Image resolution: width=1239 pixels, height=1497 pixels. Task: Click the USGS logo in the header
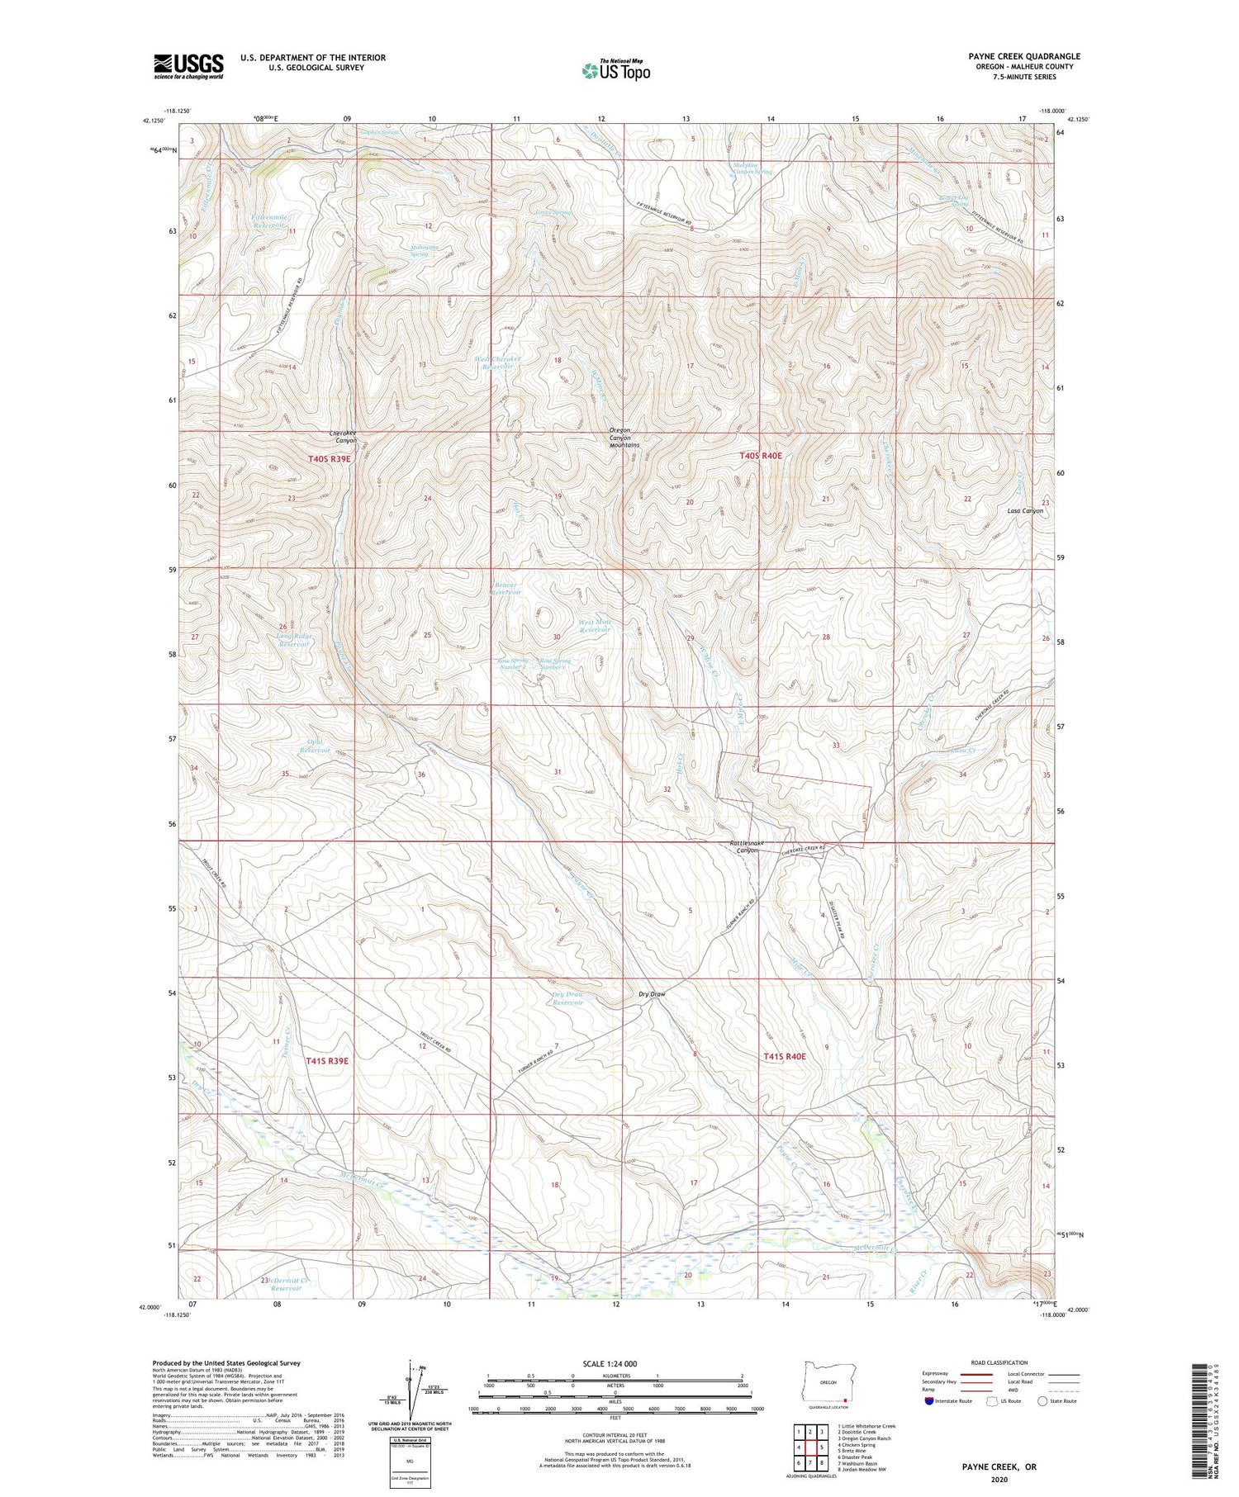pyautogui.click(x=188, y=66)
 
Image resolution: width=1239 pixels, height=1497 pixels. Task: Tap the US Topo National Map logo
pyautogui.click(x=616, y=70)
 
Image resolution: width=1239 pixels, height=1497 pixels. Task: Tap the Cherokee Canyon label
pyautogui.click(x=343, y=437)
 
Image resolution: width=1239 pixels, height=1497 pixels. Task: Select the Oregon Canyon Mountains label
pyautogui.click(x=624, y=438)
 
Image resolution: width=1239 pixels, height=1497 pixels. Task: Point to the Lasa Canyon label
pyautogui.click(x=1025, y=511)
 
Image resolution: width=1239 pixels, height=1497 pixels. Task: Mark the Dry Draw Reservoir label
pyautogui.click(x=567, y=998)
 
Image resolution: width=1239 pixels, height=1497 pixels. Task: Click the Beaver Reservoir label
pyautogui.click(x=507, y=588)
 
